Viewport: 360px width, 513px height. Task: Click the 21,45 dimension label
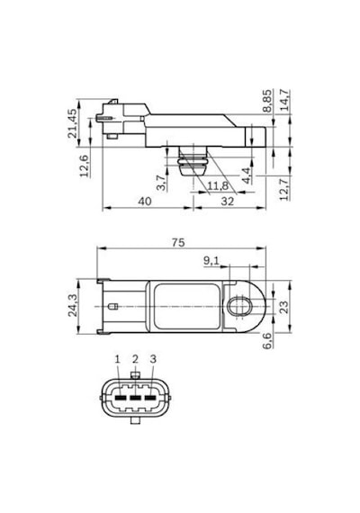click(73, 123)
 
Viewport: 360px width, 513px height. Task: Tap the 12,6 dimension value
click(84, 166)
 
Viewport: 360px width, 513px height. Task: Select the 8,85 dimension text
click(267, 101)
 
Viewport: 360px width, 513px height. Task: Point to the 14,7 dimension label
click(285, 100)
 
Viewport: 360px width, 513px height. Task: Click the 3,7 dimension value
click(161, 183)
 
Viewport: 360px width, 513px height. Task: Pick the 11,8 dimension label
click(218, 186)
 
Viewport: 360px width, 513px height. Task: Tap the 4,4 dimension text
click(247, 175)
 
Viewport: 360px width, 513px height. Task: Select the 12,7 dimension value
click(284, 188)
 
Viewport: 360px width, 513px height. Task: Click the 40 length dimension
click(145, 202)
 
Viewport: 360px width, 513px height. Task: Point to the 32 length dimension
click(228, 202)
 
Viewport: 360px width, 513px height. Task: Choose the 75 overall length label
click(178, 242)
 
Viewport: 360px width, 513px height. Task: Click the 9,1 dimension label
click(211, 261)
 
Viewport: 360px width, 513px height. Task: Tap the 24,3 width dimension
click(73, 306)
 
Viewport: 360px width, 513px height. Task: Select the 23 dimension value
click(284, 307)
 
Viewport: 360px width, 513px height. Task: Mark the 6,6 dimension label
click(267, 340)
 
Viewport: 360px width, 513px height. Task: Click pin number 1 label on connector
click(118, 359)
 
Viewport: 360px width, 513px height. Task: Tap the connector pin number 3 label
click(153, 359)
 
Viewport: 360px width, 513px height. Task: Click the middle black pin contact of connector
click(135, 398)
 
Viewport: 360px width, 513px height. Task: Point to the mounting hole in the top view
click(240, 306)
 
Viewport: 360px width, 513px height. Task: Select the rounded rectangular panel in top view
click(186, 306)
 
